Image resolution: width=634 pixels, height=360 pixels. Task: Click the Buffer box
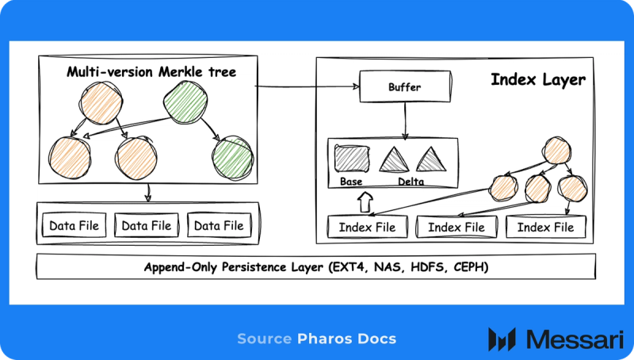405,86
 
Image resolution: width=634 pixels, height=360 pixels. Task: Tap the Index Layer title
538,79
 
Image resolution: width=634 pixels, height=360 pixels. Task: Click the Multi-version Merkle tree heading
151,72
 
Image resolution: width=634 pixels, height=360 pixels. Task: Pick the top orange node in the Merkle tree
101,103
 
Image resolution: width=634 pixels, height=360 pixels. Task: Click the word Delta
411,182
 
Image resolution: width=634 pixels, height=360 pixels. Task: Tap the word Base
351,182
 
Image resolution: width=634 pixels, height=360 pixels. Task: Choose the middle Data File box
146,226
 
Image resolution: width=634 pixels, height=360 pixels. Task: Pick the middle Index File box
456,228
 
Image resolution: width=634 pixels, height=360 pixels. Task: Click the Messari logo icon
502,339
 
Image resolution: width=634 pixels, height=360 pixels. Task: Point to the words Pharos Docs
346,339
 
